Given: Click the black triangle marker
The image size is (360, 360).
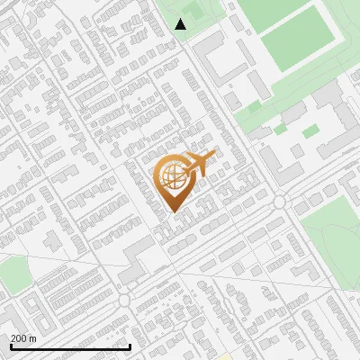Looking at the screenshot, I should pyautogui.click(x=181, y=24).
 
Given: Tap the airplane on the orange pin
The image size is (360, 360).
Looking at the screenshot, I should pyautogui.click(x=199, y=163).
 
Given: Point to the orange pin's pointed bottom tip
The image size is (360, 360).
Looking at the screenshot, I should pyautogui.click(x=173, y=211).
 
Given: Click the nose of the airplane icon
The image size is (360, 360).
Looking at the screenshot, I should pyautogui.click(x=213, y=156).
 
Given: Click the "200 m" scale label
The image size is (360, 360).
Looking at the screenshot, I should pyautogui.click(x=23, y=338).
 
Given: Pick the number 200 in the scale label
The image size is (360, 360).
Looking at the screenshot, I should pyautogui.click(x=19, y=338).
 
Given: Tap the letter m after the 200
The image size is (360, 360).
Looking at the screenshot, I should pyautogui.click(x=32, y=338).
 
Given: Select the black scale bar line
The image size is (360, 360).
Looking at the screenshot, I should pyautogui.click(x=70, y=346).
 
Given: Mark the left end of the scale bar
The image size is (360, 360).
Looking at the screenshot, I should pyautogui.click(x=11, y=346).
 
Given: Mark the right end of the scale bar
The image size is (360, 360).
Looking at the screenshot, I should pyautogui.click(x=130, y=346).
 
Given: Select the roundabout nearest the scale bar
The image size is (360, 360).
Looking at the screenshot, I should pyautogui.click(x=124, y=300).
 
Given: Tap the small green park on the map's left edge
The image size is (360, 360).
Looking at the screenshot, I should pyautogui.click(x=13, y=274).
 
